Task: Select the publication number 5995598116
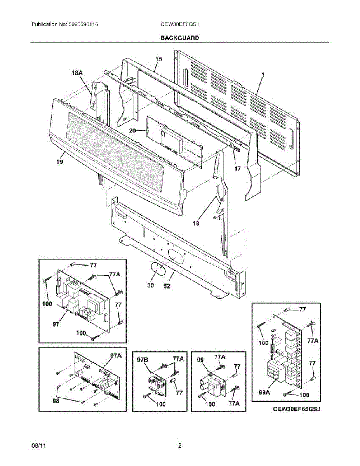83,24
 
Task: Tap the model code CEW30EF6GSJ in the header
180,24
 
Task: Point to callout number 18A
77,73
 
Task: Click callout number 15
158,59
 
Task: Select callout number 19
59,162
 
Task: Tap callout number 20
132,131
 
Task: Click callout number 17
237,169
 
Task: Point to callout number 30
150,285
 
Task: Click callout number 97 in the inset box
56,324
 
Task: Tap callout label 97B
143,360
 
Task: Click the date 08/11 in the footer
37,446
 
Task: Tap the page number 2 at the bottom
180,446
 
